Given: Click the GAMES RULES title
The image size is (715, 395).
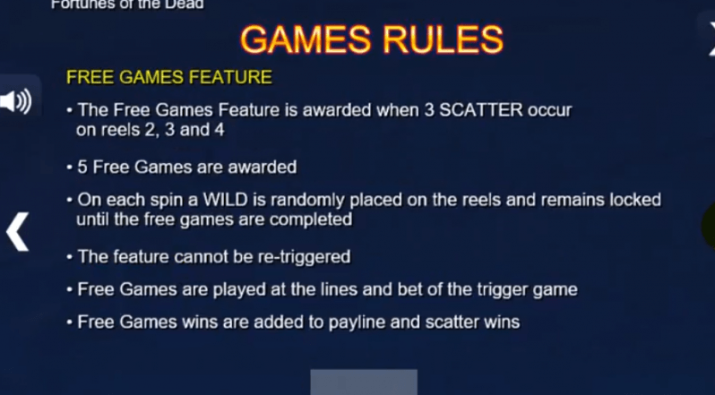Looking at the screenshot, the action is pyautogui.click(x=372, y=39).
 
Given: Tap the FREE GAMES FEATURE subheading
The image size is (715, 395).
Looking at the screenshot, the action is pyautogui.click(x=169, y=77).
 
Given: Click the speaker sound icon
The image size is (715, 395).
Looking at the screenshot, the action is pyautogui.click(x=16, y=101).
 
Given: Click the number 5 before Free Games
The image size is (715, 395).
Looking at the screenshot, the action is pyautogui.click(x=82, y=167).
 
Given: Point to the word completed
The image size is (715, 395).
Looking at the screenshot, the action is pyautogui.click(x=311, y=219).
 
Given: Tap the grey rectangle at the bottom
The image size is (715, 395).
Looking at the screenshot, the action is pyautogui.click(x=364, y=382).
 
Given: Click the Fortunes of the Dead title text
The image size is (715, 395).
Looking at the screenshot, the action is pyautogui.click(x=127, y=4).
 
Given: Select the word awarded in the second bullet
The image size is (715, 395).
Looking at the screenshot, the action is pyautogui.click(x=263, y=167).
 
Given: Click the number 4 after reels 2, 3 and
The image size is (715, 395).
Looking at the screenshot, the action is pyautogui.click(x=220, y=130).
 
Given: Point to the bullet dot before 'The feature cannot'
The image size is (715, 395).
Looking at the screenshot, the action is pyautogui.click(x=69, y=257).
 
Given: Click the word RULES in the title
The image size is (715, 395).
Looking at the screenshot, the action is pyautogui.click(x=443, y=39).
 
